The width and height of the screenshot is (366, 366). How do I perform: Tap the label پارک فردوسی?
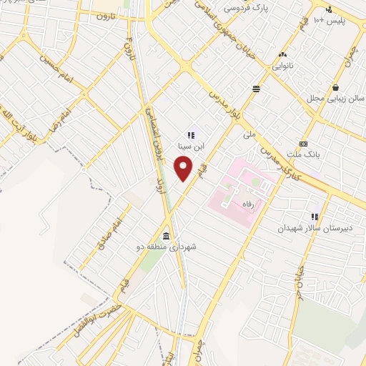tap(242, 9)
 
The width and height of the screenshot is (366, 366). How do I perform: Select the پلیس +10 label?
tap(330, 21)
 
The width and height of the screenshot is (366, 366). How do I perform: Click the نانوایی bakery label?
tap(286, 66)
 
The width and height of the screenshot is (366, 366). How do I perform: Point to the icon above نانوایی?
tap(283, 54)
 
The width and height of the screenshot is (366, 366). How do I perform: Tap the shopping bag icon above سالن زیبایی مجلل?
tap(335, 87)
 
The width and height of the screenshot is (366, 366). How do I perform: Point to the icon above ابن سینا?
tap(190, 134)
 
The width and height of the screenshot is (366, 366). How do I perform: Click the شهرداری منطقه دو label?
tap(169, 247)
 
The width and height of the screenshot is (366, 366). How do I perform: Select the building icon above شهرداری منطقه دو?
tap(167, 236)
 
